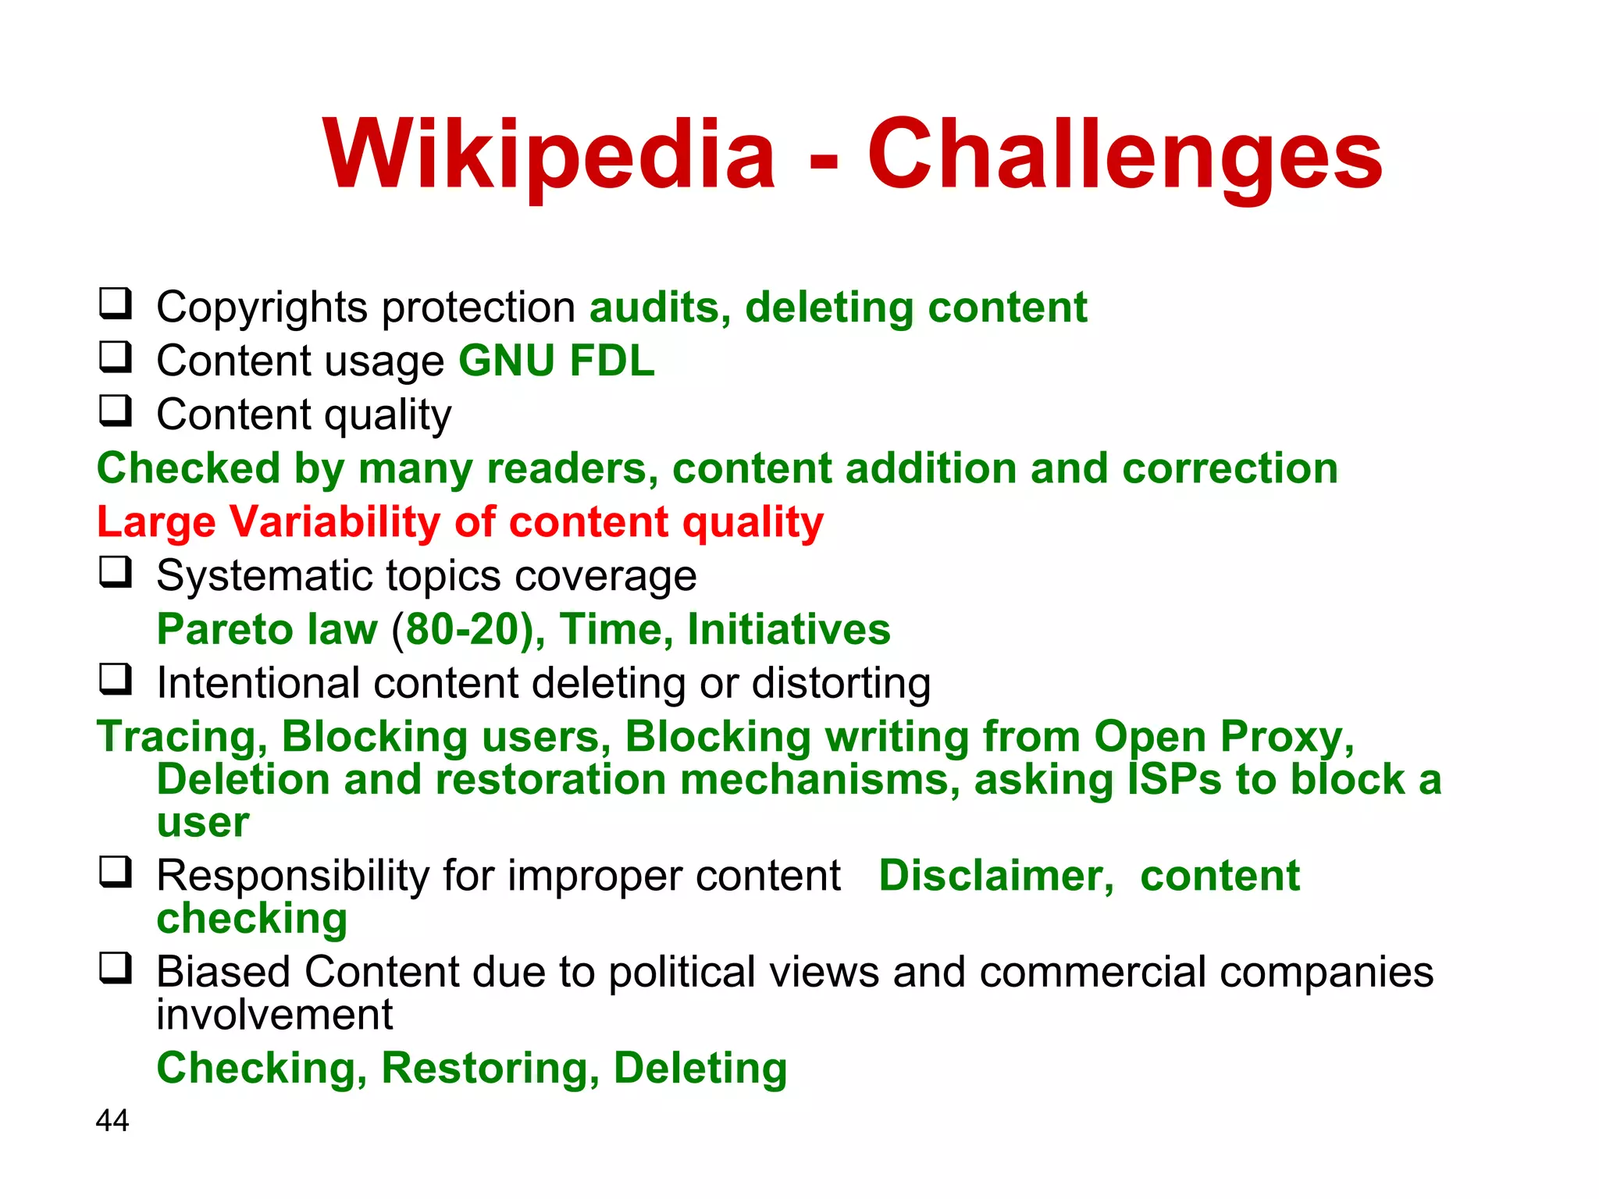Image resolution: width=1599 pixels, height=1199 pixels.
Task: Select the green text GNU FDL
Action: tap(556, 361)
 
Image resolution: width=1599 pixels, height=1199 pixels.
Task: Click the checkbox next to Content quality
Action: tap(116, 411)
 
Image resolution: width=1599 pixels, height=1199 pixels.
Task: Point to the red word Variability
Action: tap(333, 521)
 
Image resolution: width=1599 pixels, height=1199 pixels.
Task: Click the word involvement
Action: tap(274, 1015)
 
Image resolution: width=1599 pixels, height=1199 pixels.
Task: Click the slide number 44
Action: tap(112, 1120)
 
